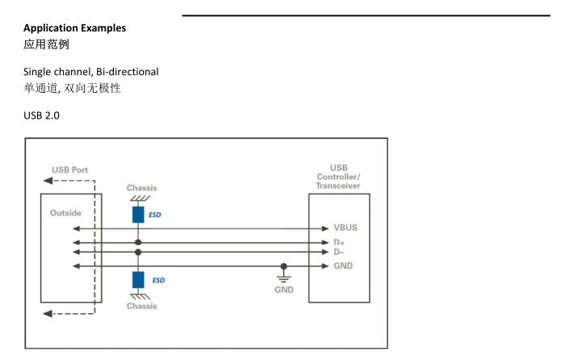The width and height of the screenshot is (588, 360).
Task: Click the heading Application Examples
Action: click(74, 28)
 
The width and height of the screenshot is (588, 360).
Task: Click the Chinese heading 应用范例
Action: click(48, 44)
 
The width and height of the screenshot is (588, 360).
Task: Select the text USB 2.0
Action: click(41, 116)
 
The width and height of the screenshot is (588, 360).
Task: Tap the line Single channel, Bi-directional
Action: click(90, 72)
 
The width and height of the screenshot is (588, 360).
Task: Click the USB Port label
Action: click(70, 170)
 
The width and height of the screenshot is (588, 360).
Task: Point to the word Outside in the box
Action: click(65, 214)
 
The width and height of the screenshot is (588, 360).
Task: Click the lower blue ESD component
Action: click(138, 279)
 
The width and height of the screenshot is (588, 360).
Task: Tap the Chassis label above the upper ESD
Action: click(142, 188)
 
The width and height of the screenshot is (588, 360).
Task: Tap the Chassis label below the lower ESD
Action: click(142, 307)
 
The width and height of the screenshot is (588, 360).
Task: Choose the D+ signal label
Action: click(338, 241)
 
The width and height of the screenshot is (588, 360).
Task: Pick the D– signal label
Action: click(338, 252)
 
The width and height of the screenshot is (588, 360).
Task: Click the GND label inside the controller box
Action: click(342, 266)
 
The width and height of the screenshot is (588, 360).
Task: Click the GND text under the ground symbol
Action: click(284, 289)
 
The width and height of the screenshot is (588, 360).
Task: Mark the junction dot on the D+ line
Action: click(138, 241)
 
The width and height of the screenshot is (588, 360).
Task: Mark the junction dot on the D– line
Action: click(138, 252)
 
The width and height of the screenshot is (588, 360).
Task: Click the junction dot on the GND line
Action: click(284, 266)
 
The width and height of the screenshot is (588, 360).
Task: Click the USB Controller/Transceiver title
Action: click(338, 177)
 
